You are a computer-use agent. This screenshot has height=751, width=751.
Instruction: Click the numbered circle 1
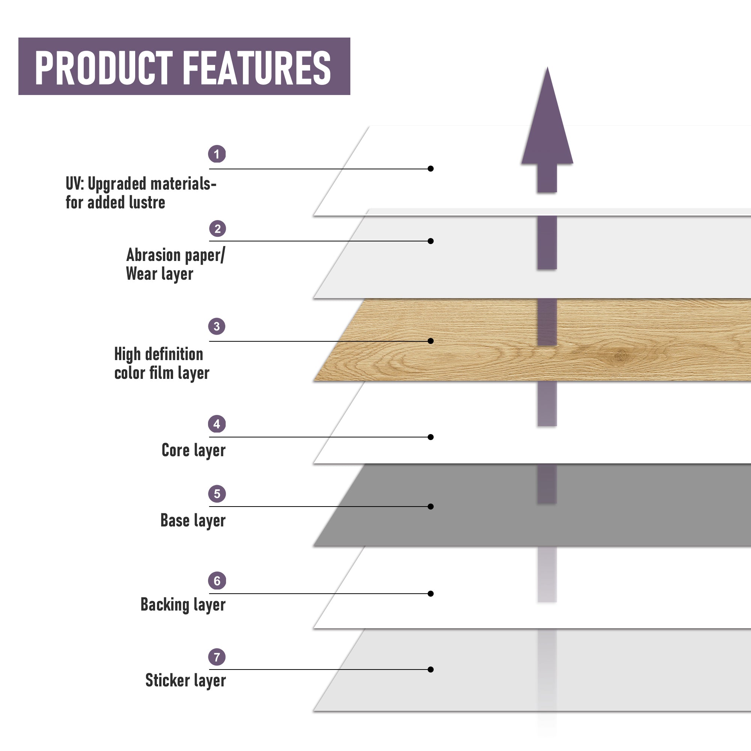(x=217, y=154)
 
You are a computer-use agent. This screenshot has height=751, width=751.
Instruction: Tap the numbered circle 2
(x=218, y=229)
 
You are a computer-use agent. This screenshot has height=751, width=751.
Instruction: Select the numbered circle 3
(x=217, y=326)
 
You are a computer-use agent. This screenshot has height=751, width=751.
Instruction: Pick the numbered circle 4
(x=217, y=424)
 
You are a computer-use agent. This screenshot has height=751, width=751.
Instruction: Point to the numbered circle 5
(x=217, y=494)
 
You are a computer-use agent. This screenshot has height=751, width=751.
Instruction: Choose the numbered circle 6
(x=217, y=581)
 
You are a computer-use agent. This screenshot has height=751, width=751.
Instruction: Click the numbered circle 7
(x=217, y=657)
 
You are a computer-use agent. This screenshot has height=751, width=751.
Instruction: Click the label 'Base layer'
(x=193, y=520)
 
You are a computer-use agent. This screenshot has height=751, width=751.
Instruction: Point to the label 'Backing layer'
(x=183, y=605)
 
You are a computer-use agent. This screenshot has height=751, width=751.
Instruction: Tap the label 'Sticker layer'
(x=185, y=680)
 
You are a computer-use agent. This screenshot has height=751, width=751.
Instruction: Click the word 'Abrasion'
(x=154, y=255)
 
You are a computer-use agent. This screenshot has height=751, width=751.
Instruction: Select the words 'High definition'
(x=158, y=354)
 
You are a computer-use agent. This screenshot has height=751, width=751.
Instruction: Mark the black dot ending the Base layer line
(x=431, y=507)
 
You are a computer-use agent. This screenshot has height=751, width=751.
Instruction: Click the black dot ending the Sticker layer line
(x=431, y=670)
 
